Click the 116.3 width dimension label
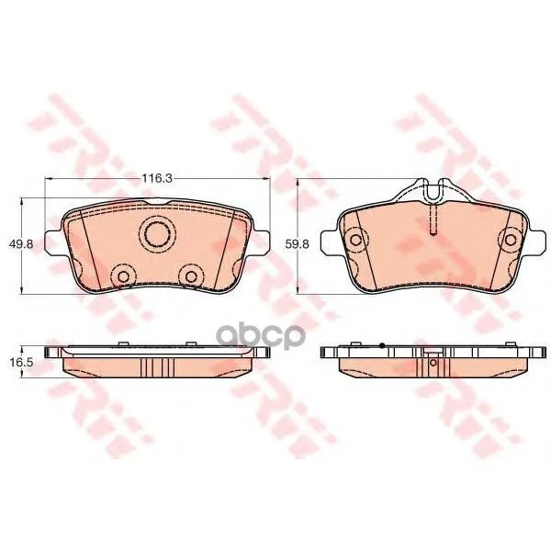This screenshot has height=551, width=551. [157, 178]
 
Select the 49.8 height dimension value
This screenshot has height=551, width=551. [21, 243]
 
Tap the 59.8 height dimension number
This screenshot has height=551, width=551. [297, 243]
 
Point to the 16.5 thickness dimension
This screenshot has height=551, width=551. [21, 362]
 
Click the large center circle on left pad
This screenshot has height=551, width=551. [157, 234]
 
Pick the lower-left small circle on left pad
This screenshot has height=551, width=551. [123, 276]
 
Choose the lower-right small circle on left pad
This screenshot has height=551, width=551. [191, 276]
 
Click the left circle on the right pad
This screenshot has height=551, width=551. [356, 240]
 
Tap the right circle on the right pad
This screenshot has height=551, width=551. [511, 240]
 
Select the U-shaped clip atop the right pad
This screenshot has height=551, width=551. [433, 191]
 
